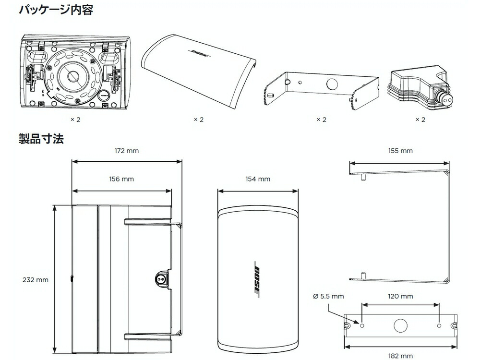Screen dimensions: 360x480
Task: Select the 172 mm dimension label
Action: pos(127,151)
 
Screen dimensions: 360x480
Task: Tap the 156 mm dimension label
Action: pos(122,179)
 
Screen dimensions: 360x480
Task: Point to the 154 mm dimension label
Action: pos(258,179)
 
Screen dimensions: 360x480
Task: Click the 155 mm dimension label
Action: pos(400,151)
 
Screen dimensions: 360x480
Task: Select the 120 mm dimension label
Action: pos(400,296)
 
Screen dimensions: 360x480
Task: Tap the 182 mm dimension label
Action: pos(400,356)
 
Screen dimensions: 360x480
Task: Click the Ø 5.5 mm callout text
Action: pos(328,296)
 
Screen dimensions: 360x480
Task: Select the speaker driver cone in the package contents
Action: pos(72,76)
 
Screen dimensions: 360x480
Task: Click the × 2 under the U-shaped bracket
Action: pos(321,120)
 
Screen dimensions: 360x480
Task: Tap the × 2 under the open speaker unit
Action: pos(74,120)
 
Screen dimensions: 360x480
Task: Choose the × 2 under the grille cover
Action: pos(198,120)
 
